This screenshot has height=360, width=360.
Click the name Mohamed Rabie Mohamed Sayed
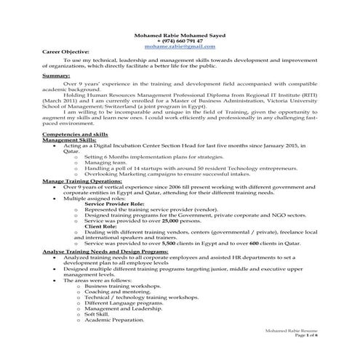pos(180,34)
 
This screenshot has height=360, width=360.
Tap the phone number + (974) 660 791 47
pos(180,40)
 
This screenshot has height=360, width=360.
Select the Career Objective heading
pos(65,52)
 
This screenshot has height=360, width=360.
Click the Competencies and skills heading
pos(76,135)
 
